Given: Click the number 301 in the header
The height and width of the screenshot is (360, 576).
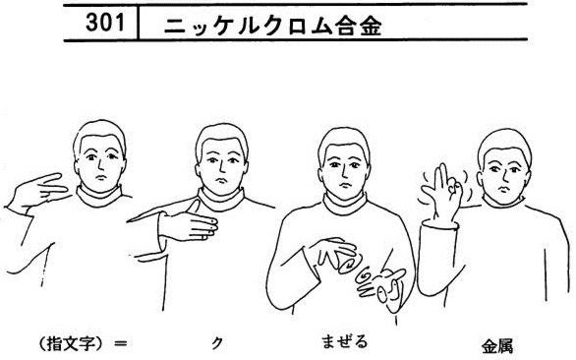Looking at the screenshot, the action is (x=105, y=23).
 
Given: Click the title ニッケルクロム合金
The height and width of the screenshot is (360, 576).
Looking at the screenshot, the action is (x=273, y=27).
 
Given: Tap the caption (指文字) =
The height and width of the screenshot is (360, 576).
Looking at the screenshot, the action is (x=83, y=343).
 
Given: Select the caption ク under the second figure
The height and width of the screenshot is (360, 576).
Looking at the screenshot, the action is (x=217, y=343).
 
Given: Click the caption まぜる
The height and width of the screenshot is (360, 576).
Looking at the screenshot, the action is (x=344, y=341).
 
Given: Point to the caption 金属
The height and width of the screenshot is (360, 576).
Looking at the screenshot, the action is (x=497, y=346).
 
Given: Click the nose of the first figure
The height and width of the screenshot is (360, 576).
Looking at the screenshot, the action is (x=100, y=166).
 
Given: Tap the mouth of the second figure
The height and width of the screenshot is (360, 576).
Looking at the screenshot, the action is (x=221, y=181).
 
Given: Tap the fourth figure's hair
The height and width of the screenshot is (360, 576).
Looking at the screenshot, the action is (x=504, y=143).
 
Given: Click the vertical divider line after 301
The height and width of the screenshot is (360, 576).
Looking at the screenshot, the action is (x=139, y=23).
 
